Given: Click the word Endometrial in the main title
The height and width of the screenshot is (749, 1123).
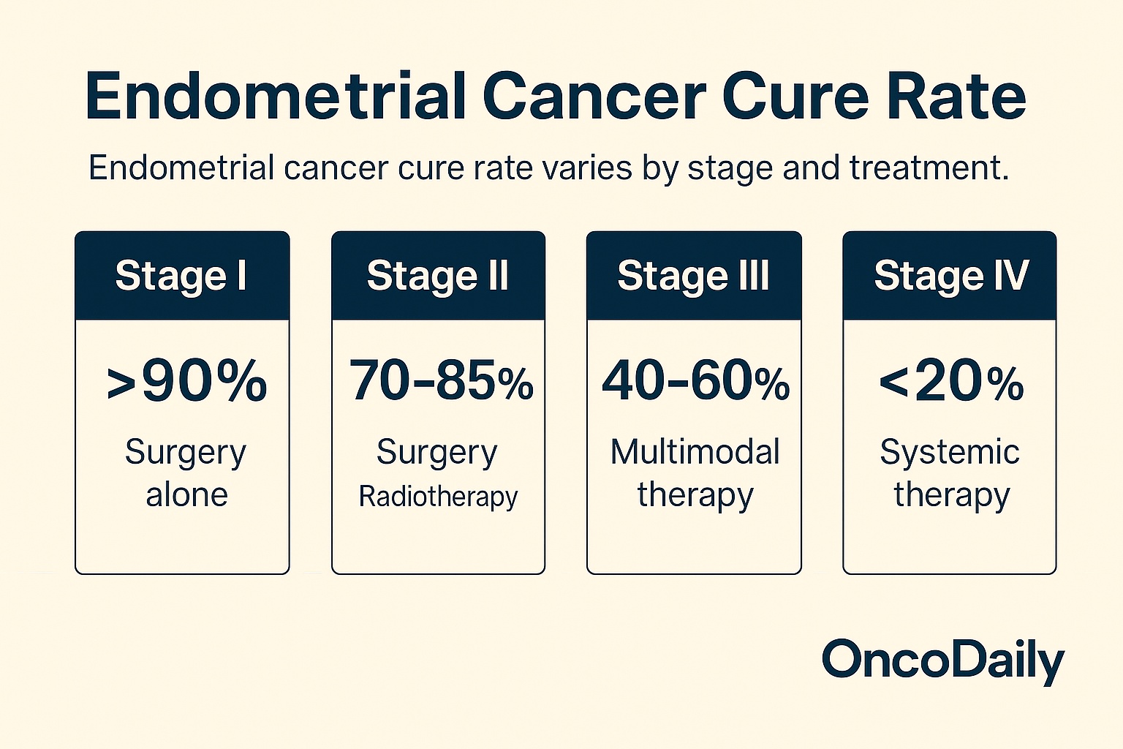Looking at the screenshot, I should tap(276, 97).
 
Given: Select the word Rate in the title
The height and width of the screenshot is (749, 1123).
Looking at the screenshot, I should tap(956, 97).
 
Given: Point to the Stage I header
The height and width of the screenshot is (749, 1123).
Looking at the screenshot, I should tap(181, 276).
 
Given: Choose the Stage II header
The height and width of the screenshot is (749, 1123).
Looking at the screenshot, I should tap(438, 276).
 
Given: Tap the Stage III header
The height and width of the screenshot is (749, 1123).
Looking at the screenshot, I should tap(693, 276).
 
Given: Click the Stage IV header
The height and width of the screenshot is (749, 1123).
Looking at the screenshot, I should tap(950, 276).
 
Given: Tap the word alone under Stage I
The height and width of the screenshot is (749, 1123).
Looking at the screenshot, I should tap(186, 495).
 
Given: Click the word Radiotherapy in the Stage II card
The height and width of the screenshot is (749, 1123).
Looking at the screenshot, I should tap(438, 497).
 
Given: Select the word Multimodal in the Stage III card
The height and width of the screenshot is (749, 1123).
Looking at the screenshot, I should tap(695, 451).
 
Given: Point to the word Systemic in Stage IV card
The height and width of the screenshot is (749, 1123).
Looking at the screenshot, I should tap(950, 451).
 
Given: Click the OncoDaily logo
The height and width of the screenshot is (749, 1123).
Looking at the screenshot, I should tap(943, 660).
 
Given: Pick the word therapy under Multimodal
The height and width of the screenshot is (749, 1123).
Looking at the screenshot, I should tap(695, 495).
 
